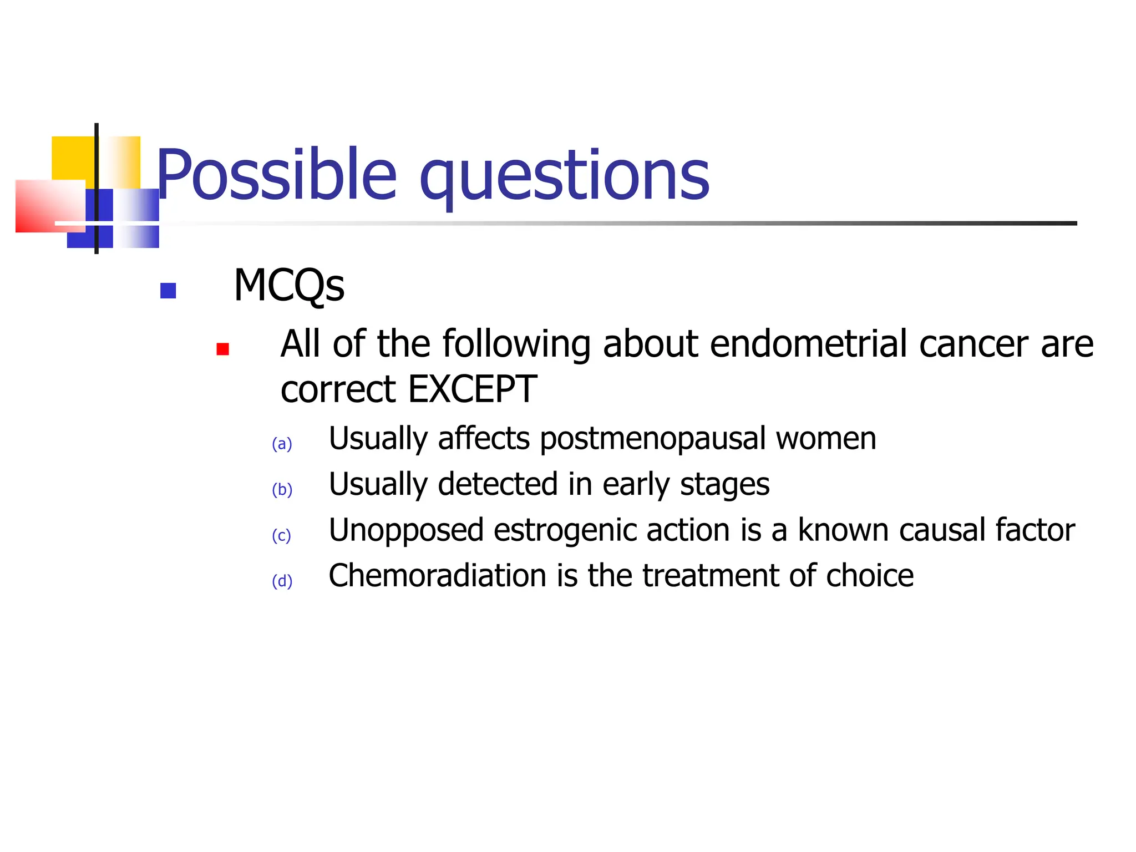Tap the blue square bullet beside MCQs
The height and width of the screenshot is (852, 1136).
[168, 291]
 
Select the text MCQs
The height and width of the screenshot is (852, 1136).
[289, 286]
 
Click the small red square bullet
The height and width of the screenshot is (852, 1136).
[223, 349]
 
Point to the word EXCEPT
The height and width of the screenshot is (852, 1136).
[472, 389]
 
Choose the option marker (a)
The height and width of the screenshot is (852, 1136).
[282, 444]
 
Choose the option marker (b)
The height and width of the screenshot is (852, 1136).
[282, 490]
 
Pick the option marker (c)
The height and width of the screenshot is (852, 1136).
[281, 536]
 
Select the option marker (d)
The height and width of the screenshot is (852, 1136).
[282, 581]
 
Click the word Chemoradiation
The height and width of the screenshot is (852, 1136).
[438, 576]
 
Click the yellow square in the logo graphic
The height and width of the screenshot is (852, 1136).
[72, 158]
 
